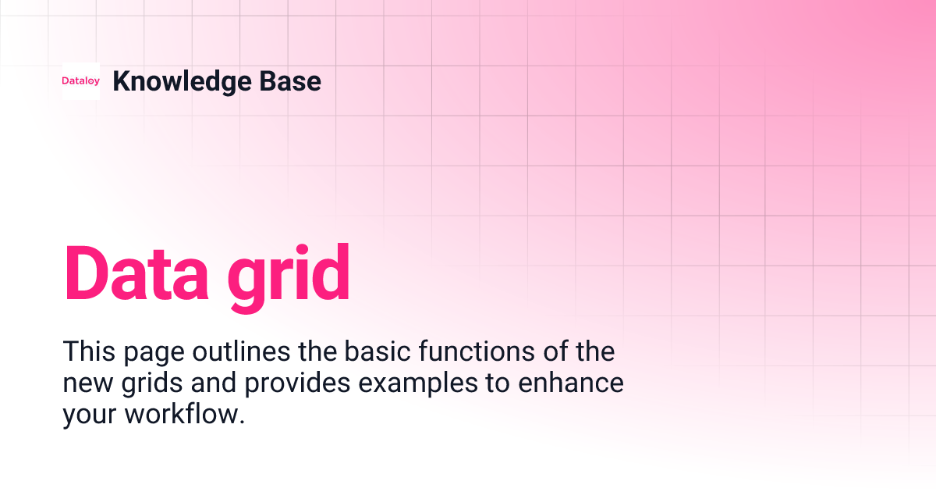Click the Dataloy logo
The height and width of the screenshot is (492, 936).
(x=81, y=81)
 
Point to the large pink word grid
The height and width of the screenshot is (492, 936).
(x=289, y=275)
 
